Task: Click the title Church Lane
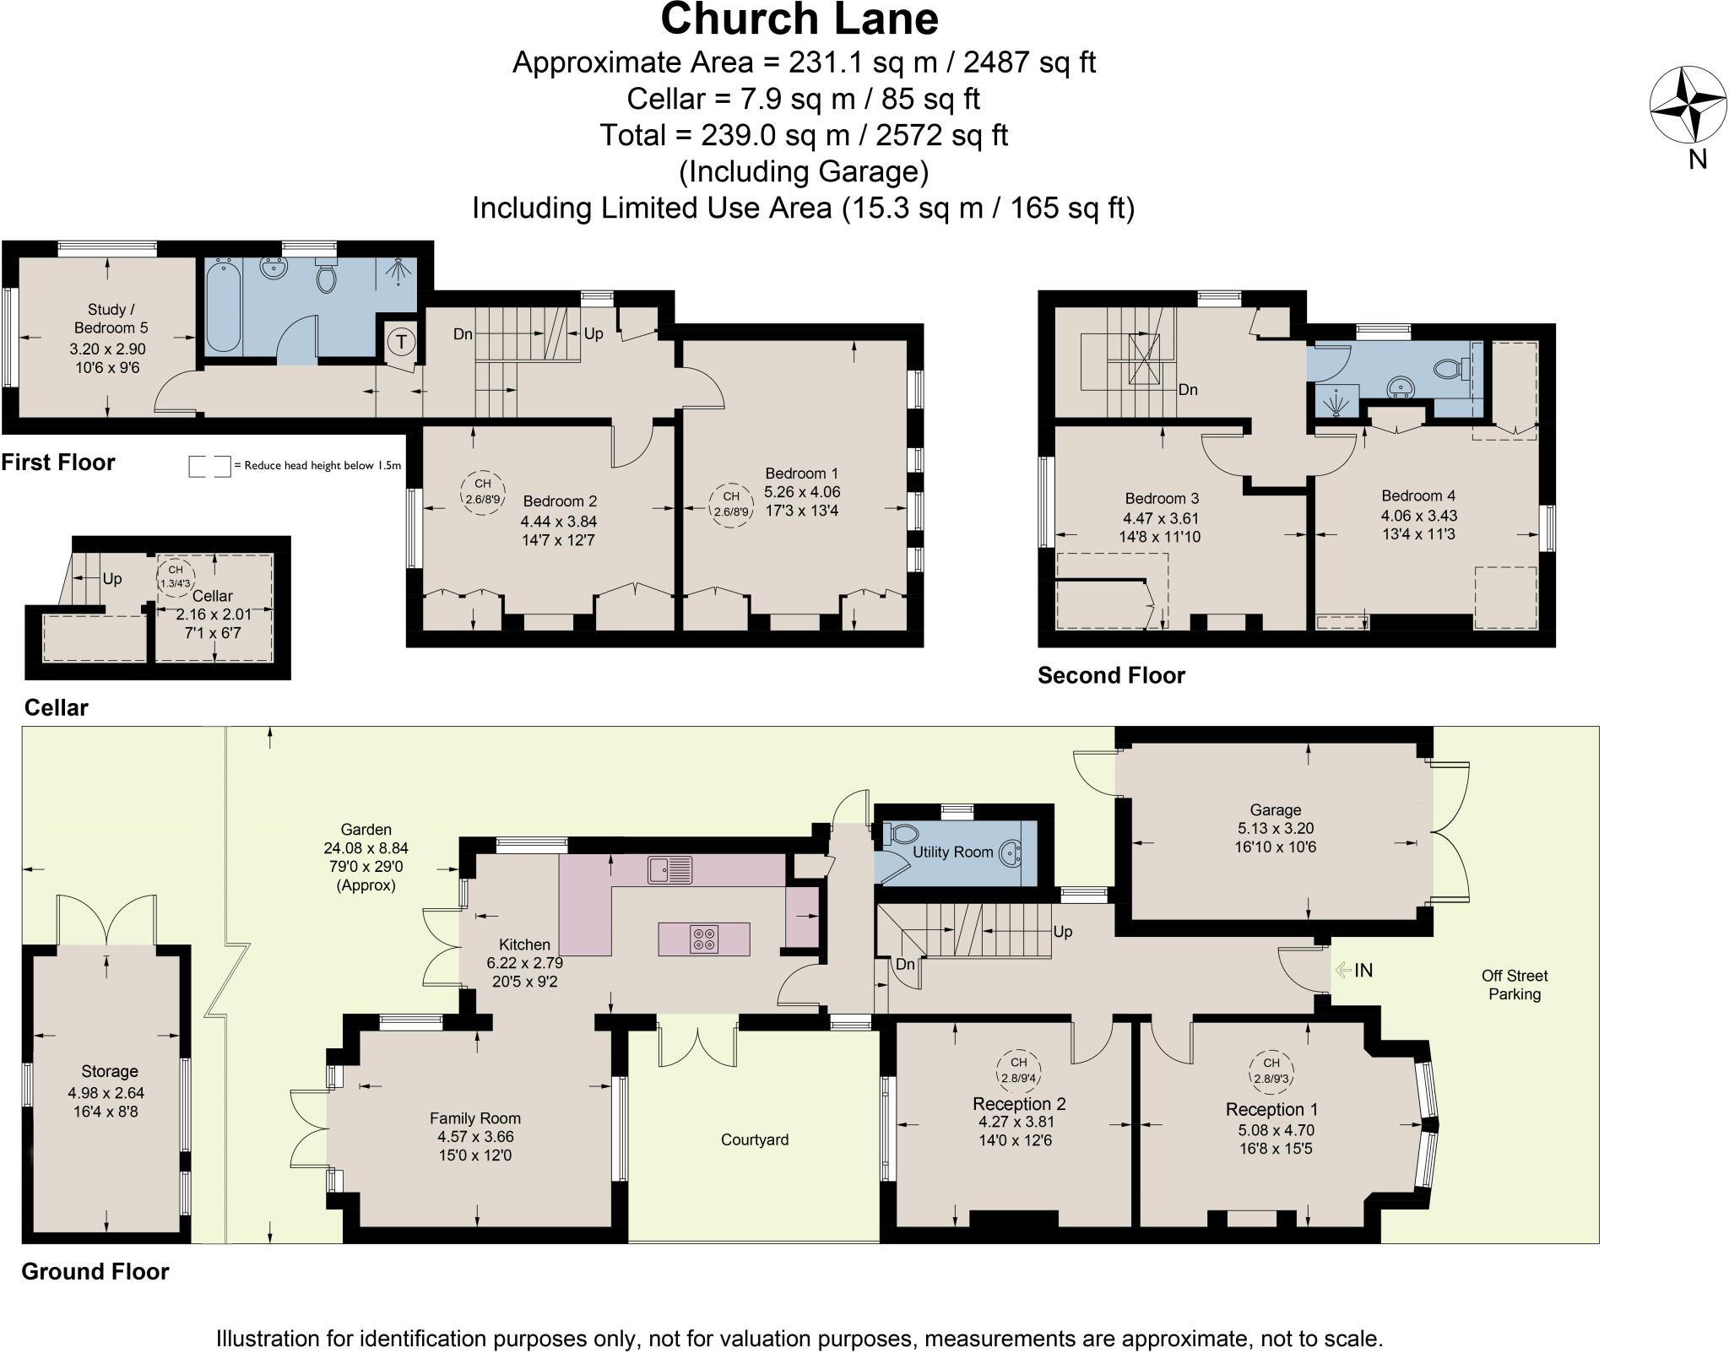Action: pyautogui.click(x=799, y=20)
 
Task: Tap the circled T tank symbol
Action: pyautogui.click(x=402, y=342)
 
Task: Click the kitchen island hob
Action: pyautogui.click(x=704, y=939)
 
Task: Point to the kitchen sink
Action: pyautogui.click(x=669, y=869)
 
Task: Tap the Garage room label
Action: pyautogui.click(x=1275, y=809)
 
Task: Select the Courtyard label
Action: pyautogui.click(x=754, y=1139)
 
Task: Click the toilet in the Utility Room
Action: pyautogui.click(x=901, y=834)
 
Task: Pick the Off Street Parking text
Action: pyautogui.click(x=1514, y=984)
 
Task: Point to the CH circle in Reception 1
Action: pyautogui.click(x=1271, y=1070)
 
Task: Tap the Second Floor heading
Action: pyautogui.click(x=1110, y=675)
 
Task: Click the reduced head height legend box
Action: pyautogui.click(x=209, y=466)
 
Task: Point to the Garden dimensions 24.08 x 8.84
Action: pyautogui.click(x=366, y=848)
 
